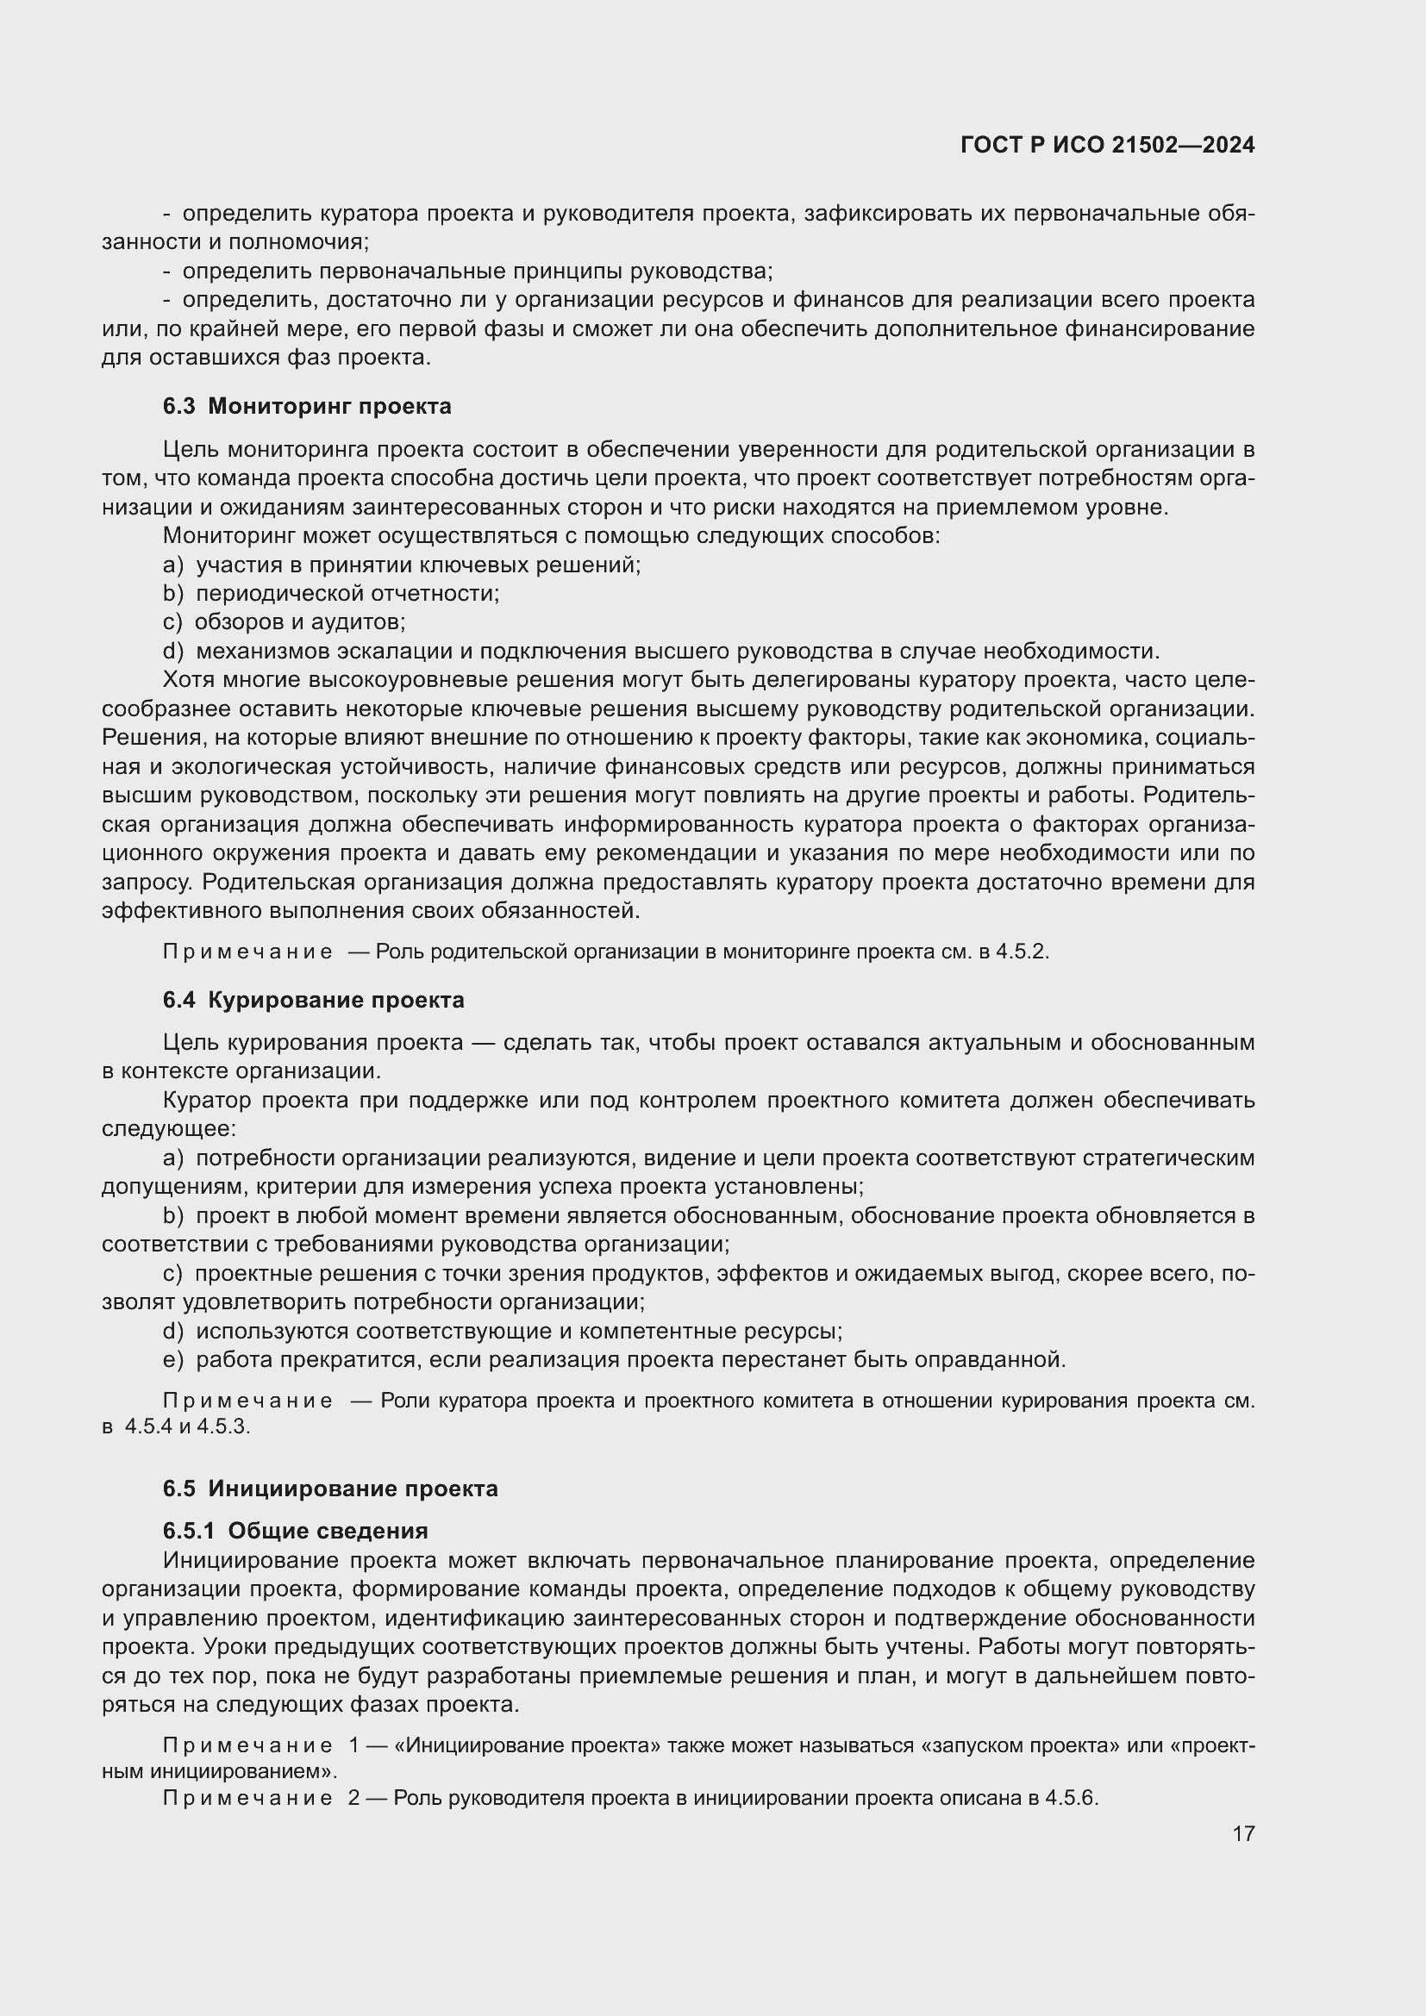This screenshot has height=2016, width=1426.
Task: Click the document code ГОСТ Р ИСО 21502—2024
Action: click(1107, 145)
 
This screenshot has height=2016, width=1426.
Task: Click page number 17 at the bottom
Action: click(1242, 1833)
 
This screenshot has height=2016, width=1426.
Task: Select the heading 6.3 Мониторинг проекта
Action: click(306, 406)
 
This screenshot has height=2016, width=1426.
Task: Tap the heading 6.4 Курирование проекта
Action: click(314, 1000)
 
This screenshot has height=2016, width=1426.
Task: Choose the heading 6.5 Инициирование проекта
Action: click(330, 1489)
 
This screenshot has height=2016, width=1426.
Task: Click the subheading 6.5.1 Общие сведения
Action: click(295, 1531)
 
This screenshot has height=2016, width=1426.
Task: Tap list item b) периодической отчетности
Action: click(330, 593)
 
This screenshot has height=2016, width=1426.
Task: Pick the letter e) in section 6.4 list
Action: click(172, 1359)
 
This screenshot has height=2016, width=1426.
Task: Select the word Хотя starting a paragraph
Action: click(189, 679)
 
